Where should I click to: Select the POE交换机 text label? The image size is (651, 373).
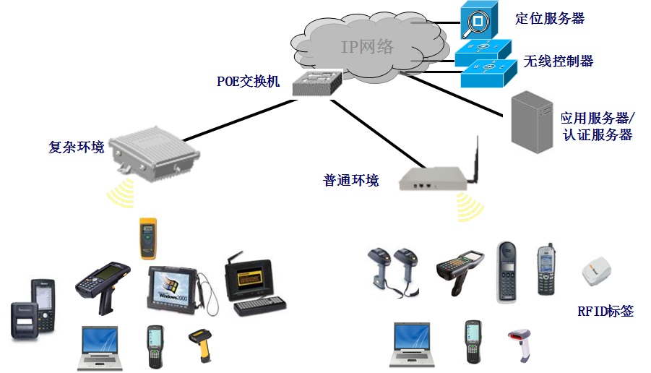click(248, 80)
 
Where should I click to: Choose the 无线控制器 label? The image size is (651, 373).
click(559, 61)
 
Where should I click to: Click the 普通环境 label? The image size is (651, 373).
click(350, 180)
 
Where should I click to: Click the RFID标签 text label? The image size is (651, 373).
click(605, 312)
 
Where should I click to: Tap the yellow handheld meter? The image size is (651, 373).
click(147, 237)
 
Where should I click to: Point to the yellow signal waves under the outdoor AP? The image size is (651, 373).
click(120, 192)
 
